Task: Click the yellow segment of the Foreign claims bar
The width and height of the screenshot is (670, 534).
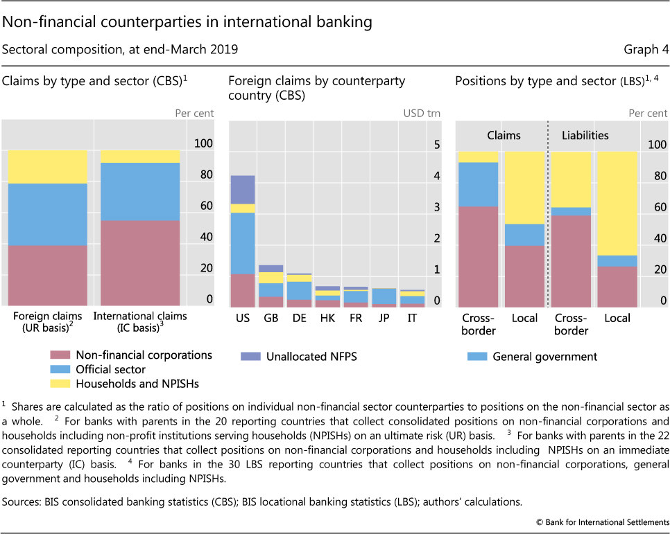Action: (x=47, y=167)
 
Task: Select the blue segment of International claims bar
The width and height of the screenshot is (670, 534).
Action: (x=141, y=192)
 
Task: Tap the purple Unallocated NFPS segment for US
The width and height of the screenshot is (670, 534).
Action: (x=243, y=189)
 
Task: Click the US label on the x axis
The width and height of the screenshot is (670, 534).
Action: (x=243, y=318)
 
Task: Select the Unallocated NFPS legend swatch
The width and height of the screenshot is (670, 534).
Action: (x=250, y=356)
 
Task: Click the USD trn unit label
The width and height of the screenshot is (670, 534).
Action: (x=420, y=114)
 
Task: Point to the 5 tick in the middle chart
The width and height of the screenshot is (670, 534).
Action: (x=437, y=145)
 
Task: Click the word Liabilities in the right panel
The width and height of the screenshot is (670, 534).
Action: (x=585, y=136)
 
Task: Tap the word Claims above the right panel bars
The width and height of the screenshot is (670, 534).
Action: (x=503, y=136)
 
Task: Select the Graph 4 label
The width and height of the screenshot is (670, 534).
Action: (x=648, y=49)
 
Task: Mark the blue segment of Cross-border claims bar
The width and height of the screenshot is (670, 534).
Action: (x=478, y=184)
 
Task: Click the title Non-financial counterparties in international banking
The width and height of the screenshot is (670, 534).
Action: (x=187, y=22)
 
